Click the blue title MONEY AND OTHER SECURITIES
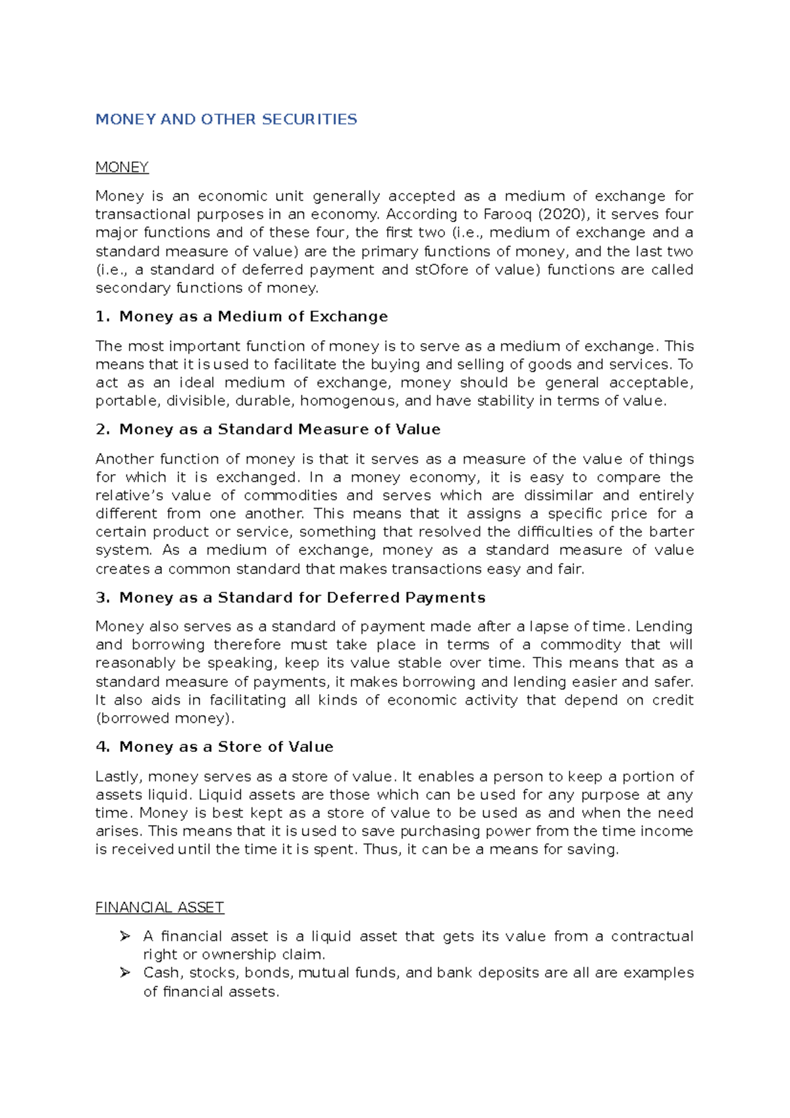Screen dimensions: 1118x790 coord(226,119)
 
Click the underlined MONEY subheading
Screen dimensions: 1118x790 coord(122,167)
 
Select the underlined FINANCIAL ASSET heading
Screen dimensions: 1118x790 coord(159,907)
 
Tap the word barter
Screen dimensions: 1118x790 coord(671,531)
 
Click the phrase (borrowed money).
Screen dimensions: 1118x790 coord(165,718)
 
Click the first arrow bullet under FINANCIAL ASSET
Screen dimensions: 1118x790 coord(125,936)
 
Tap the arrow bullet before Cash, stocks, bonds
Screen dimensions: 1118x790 coord(125,972)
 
